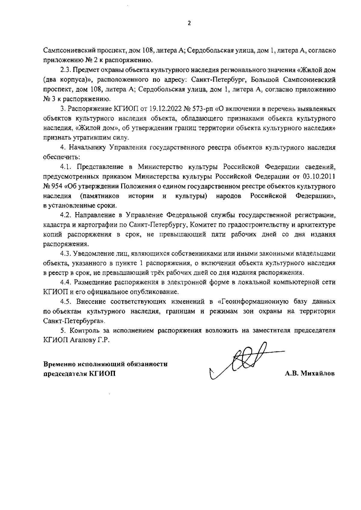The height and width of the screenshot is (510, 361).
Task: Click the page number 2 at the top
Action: [x=189, y=23]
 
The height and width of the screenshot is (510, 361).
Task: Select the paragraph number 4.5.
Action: [x=66, y=301]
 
